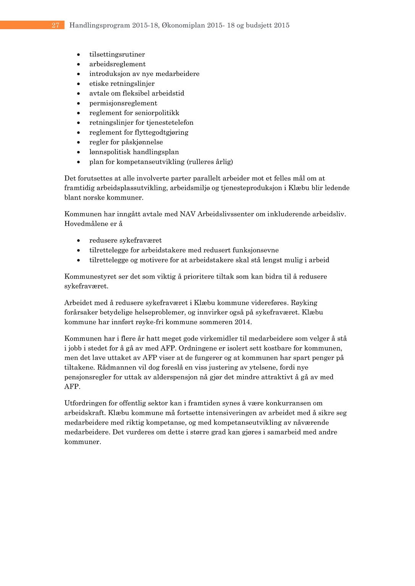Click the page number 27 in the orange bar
pos(55,25)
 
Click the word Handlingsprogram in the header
pos(100,26)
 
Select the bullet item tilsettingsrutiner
pos(117,55)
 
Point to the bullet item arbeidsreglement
pos(117,64)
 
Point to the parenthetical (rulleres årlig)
pos(210,162)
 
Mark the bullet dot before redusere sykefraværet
pos(78,241)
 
